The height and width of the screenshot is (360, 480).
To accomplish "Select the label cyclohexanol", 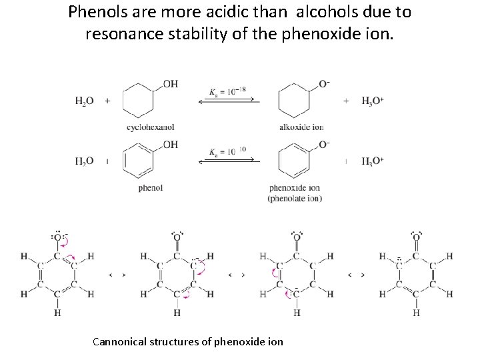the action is coord(151,127).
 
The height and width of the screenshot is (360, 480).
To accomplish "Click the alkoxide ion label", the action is coord(301,127).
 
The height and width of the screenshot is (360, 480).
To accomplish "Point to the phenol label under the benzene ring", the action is coord(151,187).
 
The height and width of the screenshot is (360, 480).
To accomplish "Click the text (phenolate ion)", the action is coord(295,198).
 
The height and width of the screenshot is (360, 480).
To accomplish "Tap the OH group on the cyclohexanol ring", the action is coord(170,83).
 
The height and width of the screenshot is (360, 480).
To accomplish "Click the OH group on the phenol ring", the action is coord(170,144).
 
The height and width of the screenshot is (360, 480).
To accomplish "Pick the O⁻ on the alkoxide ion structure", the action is coord(324,83).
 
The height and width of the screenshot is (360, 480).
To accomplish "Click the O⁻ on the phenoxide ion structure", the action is coord(324,145).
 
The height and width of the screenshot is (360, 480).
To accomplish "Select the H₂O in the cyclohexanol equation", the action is coord(84,101).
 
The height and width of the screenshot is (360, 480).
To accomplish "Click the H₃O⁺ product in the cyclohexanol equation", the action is coord(373,101).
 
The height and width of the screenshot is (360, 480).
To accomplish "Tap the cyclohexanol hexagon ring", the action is coord(139,102).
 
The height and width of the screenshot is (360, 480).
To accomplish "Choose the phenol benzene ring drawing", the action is coord(139,162).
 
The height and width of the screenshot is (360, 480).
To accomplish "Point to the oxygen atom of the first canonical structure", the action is coord(58,237).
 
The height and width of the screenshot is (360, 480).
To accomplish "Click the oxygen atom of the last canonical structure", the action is coord(416,237).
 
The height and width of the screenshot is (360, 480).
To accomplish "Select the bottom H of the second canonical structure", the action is coord(177,312).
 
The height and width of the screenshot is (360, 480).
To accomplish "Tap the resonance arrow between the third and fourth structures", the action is coord(355,275).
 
